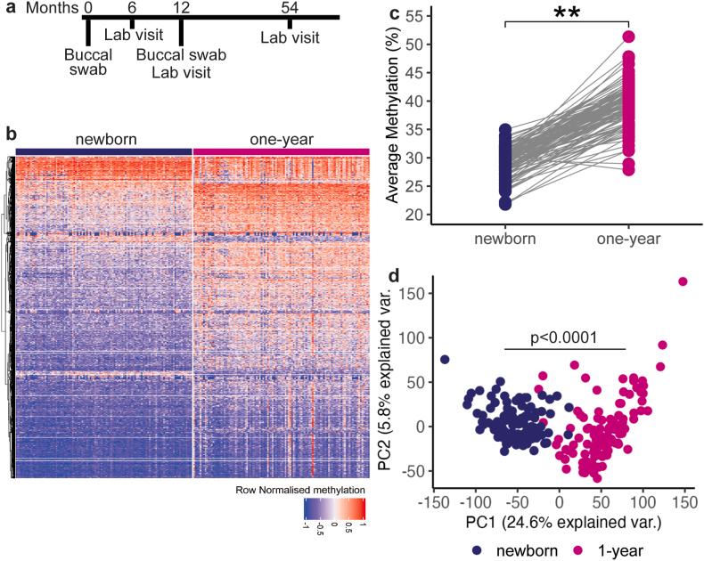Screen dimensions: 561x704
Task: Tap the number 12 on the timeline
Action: pos(182,7)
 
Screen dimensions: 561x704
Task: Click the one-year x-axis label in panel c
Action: pos(629,240)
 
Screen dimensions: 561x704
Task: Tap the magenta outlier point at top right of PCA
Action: pos(683,281)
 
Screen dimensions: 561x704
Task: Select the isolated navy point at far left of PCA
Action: pos(445,360)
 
